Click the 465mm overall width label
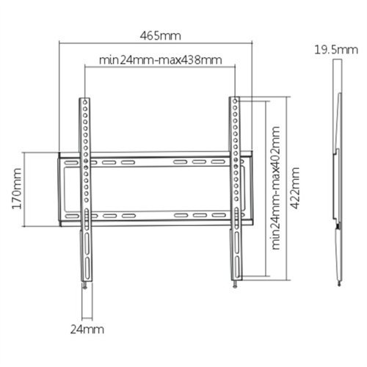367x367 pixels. pos(161,35)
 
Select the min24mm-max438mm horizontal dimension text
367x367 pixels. pos(159,59)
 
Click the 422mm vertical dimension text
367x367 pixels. pos(295,187)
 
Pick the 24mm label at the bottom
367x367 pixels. pos(87,330)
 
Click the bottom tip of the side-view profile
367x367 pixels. pos(340,283)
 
